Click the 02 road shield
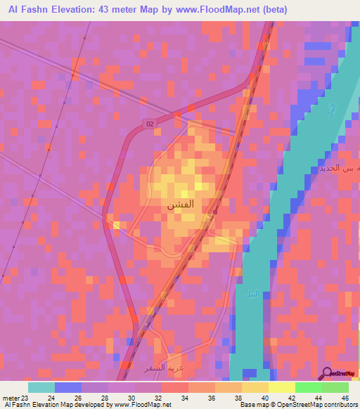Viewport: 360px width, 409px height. (150, 124)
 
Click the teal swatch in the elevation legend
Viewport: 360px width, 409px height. (41, 387)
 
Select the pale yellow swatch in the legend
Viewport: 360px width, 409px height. (281, 387)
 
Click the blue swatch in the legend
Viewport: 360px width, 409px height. (68, 387)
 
